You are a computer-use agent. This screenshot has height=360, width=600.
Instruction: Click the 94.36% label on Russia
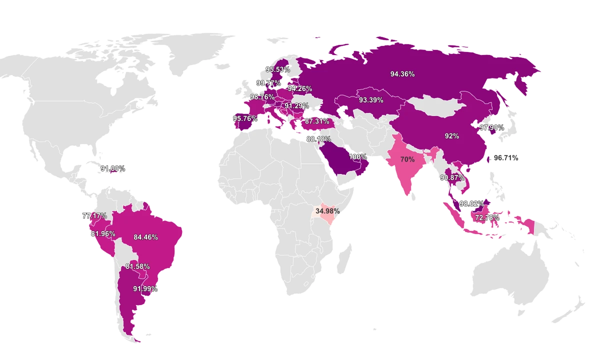402,74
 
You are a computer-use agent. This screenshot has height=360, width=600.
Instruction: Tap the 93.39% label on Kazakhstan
371,100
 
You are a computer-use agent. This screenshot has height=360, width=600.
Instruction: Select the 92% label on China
451,135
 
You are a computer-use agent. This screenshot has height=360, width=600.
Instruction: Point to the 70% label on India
407,159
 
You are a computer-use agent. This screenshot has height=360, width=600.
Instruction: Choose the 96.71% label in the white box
506,157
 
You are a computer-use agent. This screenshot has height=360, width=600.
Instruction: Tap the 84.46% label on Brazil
145,237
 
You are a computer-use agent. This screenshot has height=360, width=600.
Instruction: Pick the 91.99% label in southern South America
145,289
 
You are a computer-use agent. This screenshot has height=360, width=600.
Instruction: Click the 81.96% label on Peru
103,233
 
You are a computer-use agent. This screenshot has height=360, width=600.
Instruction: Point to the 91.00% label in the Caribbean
112,169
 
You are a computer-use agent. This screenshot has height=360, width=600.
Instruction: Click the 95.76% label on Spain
245,119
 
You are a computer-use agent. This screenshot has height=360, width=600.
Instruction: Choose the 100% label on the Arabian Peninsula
358,156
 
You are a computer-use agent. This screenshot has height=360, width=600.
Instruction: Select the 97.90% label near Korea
492,127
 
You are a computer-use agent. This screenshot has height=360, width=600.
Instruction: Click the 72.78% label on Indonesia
487,217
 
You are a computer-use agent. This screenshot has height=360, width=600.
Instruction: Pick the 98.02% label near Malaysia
471,204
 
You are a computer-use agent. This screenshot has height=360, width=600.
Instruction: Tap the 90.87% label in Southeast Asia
452,177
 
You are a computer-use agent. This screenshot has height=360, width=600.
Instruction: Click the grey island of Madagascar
343,255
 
